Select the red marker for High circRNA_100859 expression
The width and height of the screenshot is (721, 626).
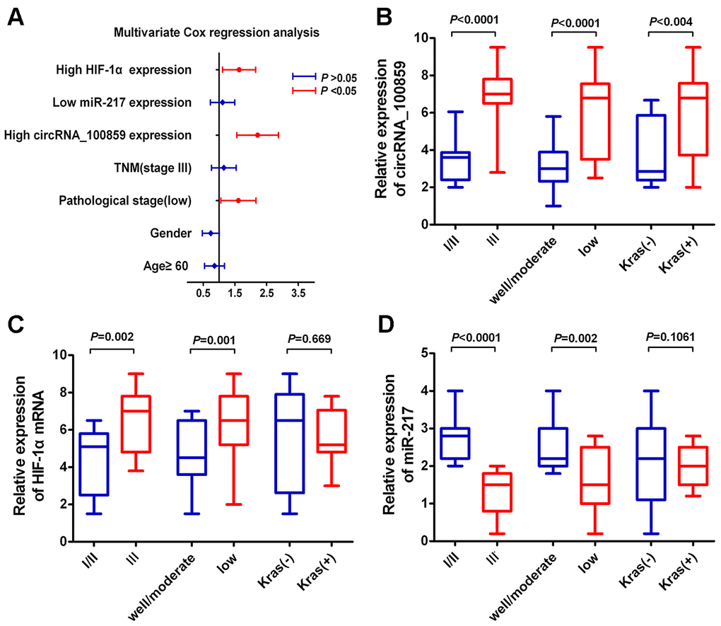(x=258, y=134)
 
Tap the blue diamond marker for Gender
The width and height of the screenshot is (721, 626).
(x=210, y=233)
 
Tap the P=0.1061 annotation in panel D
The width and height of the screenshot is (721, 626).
(x=669, y=336)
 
